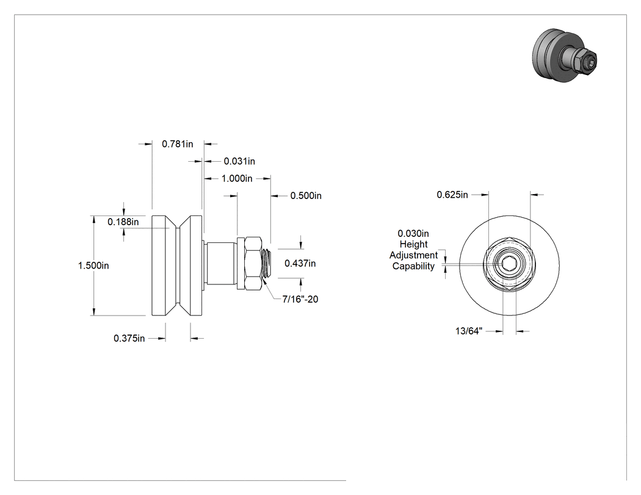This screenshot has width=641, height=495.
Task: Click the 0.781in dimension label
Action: click(178, 144)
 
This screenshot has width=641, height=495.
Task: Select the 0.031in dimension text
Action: click(239, 162)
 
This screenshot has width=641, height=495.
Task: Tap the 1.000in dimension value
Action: click(237, 179)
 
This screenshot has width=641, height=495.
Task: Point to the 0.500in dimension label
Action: click(306, 196)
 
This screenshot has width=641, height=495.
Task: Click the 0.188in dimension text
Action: click(123, 222)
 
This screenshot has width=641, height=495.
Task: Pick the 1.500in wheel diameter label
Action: click(93, 266)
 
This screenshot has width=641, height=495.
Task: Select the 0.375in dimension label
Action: click(129, 339)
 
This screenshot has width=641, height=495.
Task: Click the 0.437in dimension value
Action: click(300, 264)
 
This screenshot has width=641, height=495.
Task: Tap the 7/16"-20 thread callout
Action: click(300, 299)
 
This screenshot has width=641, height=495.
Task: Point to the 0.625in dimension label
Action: click(452, 195)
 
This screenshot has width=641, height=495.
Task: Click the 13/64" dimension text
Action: click(469, 331)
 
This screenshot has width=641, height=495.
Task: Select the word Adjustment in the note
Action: click(413, 256)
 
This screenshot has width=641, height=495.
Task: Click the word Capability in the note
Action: click(413, 266)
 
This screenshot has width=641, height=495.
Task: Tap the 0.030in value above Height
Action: click(413, 233)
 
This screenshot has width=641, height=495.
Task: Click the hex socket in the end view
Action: click(509, 265)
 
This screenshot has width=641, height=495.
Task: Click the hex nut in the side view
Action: click(253, 263)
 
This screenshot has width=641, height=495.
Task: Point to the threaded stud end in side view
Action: click(266, 263)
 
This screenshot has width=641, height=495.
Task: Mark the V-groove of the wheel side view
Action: click(178, 266)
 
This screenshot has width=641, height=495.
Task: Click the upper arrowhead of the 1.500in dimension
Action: click(94, 219)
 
